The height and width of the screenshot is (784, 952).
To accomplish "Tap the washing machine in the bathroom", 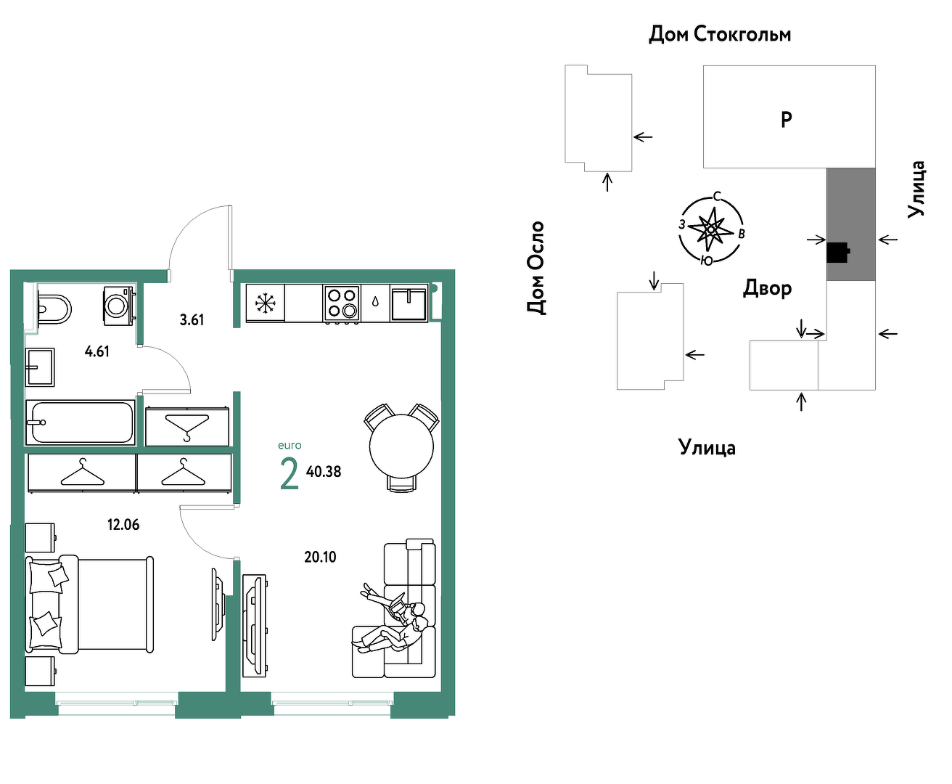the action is [x=119, y=306].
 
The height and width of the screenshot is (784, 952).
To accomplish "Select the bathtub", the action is [x=81, y=422].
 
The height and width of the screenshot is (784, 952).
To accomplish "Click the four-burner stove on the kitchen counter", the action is [x=341, y=303].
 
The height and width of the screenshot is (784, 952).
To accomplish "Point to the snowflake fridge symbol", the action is [x=265, y=303].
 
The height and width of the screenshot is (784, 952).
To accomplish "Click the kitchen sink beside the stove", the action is [x=409, y=304].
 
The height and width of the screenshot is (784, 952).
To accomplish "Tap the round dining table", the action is [x=401, y=447].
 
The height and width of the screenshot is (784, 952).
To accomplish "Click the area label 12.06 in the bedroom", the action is [x=123, y=525].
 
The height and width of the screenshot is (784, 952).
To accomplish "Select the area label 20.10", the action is [x=320, y=558].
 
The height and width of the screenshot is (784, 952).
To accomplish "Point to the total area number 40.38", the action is [x=324, y=472].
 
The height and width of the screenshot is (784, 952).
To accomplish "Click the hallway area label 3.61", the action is [x=192, y=320].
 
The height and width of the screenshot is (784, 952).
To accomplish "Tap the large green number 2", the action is [x=290, y=473].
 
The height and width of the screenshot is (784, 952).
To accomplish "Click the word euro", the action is [x=290, y=445].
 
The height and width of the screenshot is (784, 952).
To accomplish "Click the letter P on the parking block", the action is [x=786, y=120].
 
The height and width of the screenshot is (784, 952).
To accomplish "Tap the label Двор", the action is [x=768, y=287].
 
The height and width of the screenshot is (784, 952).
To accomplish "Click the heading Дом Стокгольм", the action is [x=720, y=34].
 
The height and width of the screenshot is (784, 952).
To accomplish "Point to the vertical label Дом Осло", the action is [x=535, y=267].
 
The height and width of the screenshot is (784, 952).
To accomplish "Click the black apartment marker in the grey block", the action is [x=838, y=253].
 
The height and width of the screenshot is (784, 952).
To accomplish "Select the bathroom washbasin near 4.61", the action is [x=40, y=367].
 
